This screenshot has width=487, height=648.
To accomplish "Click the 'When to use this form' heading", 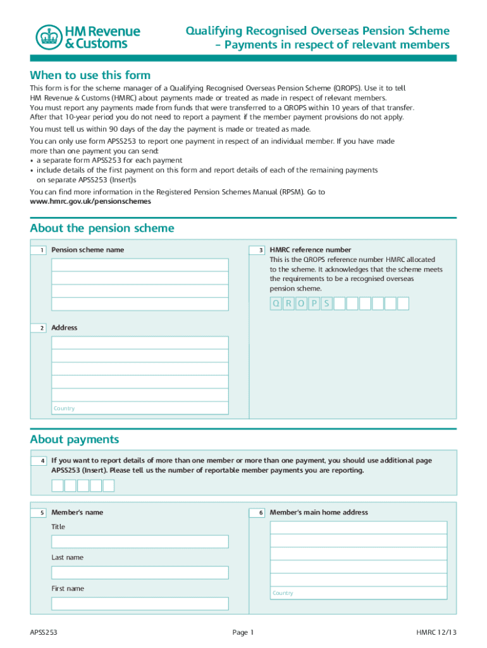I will pyautogui.click(x=90, y=75).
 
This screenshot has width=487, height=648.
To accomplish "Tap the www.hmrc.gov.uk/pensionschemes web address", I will pyautogui.click(x=90, y=201).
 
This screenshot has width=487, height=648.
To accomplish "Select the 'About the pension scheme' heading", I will pyautogui.click(x=102, y=228).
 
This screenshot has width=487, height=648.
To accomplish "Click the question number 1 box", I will pyautogui.click(x=39, y=251).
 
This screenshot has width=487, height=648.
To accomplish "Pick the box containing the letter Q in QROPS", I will pyautogui.click(x=276, y=304).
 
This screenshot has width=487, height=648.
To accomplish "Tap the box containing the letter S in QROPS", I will pyautogui.click(x=326, y=304).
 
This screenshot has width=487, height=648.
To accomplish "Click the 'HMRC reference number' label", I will pyautogui.click(x=311, y=250).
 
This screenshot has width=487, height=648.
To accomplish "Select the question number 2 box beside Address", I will pyautogui.click(x=39, y=328).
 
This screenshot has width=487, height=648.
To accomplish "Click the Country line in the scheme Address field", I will pyautogui.click(x=140, y=408).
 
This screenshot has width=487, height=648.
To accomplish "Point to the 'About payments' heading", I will pyautogui.click(x=74, y=440).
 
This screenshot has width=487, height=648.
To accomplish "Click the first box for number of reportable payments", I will pyautogui.click(x=58, y=485).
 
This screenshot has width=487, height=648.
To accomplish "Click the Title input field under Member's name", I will pyautogui.click(x=140, y=542).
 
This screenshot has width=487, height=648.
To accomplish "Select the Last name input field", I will pyautogui.click(x=140, y=573).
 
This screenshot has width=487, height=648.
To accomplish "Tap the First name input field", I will pyautogui.click(x=140, y=604).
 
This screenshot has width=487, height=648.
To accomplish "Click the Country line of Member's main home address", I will pyautogui.click(x=358, y=593).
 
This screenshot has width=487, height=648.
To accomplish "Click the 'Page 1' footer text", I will pyautogui.click(x=243, y=632).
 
